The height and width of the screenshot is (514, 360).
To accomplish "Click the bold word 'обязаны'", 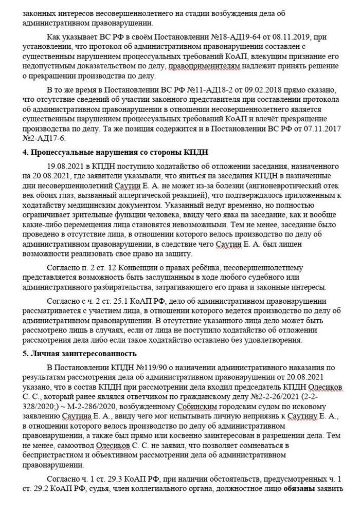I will click(x=300, y=502).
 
